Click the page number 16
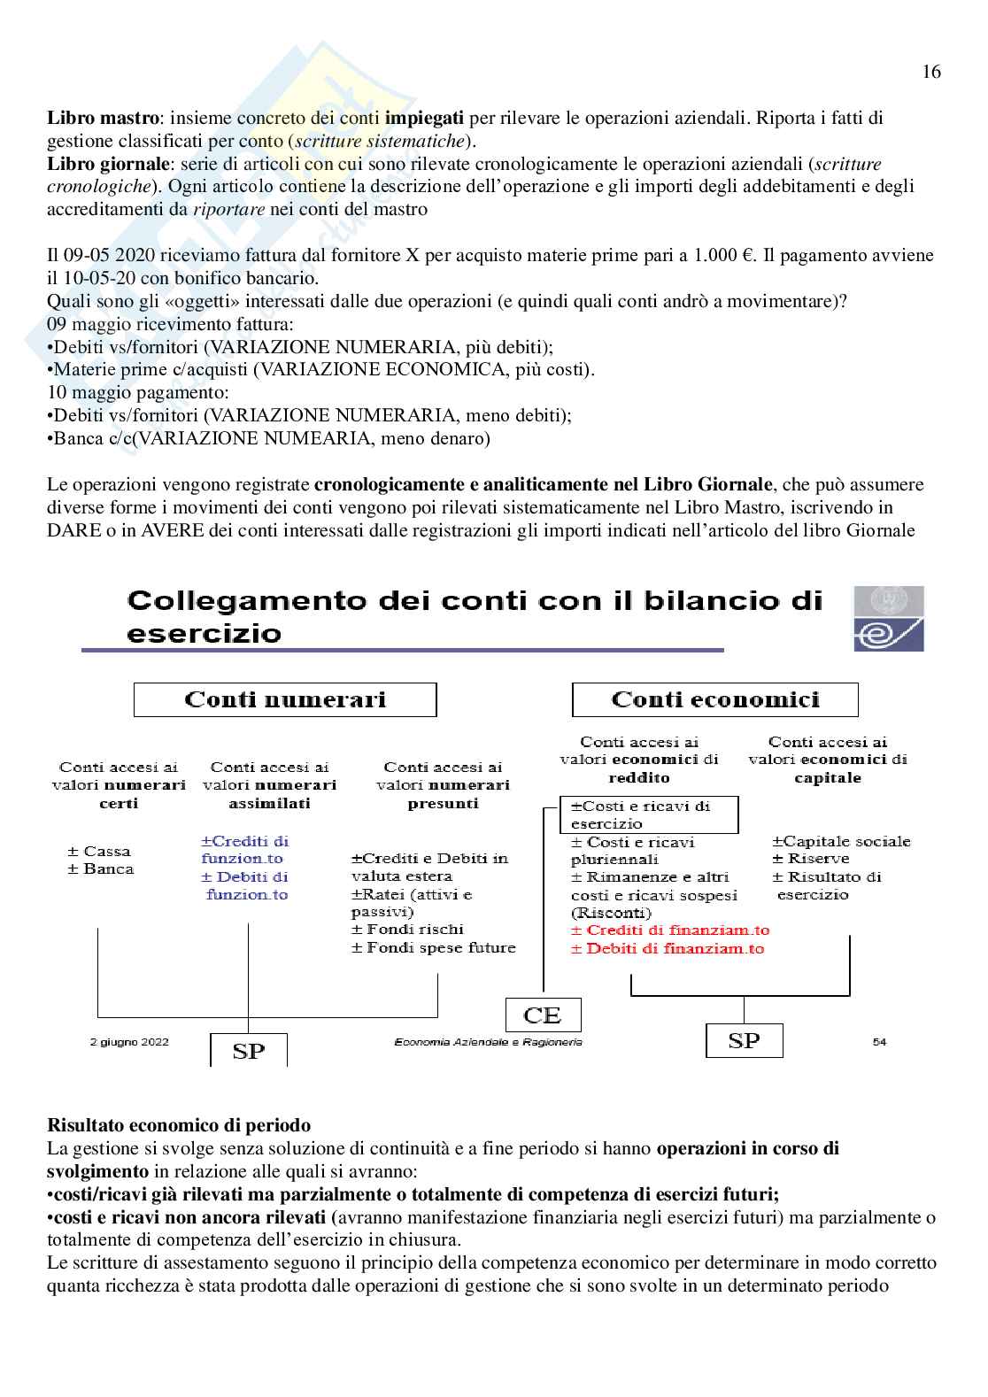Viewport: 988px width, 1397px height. point(930,73)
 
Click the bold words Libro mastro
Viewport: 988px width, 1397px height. point(104,118)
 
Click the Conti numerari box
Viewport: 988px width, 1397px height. point(285,699)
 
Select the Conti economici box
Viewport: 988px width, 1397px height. point(714,699)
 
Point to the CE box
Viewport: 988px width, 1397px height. point(544,1014)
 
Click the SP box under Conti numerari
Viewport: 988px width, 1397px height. point(248,1051)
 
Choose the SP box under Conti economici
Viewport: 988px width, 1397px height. point(744,1040)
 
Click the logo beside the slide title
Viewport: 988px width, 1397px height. point(888,618)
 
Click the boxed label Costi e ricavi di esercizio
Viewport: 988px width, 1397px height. point(649,814)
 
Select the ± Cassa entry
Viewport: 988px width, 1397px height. point(99,851)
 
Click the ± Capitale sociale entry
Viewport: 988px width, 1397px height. point(841,841)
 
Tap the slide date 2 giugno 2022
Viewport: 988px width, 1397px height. point(130,1042)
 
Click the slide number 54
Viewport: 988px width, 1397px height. point(879,1042)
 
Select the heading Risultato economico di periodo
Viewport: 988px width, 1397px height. point(179,1126)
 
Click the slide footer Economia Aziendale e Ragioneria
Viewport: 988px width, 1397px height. point(488,1042)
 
